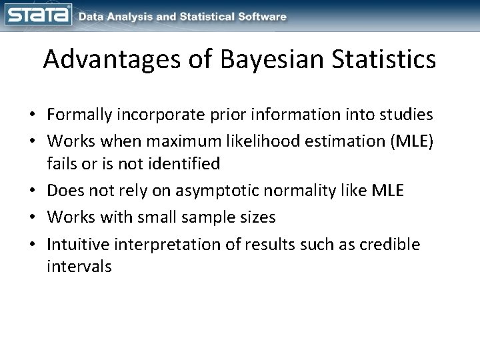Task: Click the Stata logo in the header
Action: pos(37,15)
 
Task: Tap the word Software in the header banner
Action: pos(261,16)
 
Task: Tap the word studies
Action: pos(409,115)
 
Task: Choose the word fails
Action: pos(61,164)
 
